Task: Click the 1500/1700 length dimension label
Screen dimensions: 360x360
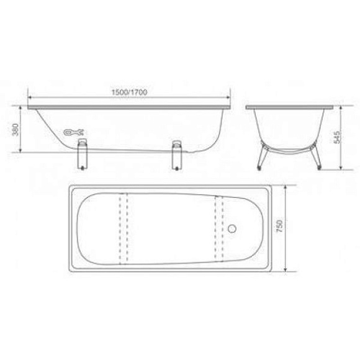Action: click(129, 92)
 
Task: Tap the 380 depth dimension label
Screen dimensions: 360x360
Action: click(16, 130)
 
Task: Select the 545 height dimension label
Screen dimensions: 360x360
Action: click(337, 137)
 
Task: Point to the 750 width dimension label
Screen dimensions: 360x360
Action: click(279, 226)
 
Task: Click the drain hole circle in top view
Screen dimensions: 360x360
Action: click(232, 228)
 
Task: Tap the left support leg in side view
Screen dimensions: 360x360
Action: click(82, 154)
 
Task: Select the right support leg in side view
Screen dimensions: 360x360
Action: click(176, 155)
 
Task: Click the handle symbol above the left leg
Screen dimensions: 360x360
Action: click(74, 132)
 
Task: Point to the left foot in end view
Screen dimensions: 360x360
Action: click(262, 157)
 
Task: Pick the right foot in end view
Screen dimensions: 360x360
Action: click(317, 157)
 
